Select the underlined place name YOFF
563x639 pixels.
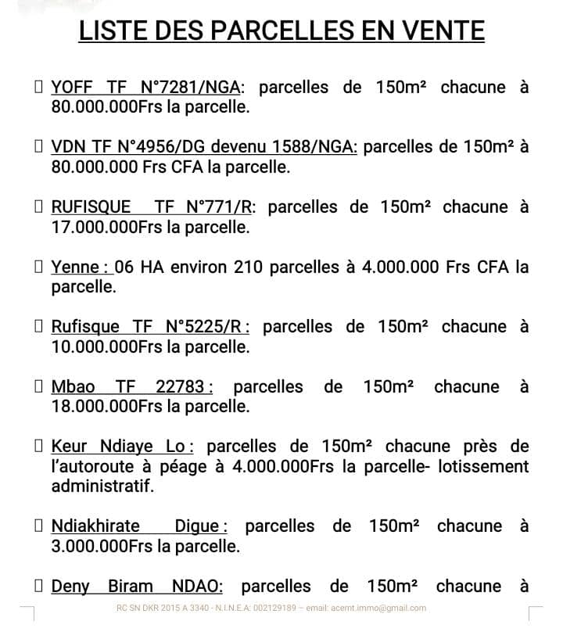tap(72, 87)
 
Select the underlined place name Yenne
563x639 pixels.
tap(75, 267)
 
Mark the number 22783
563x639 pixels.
tap(184, 387)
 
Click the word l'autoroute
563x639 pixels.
tap(94, 467)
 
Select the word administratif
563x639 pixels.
tap(102, 486)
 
